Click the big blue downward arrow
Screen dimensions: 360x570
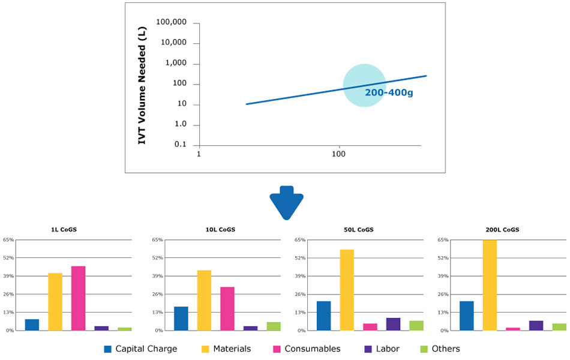coord(286,203)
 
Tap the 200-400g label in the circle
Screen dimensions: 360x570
coord(389,93)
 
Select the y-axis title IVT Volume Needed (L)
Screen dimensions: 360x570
coord(143,85)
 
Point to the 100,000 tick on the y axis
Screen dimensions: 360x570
coord(171,23)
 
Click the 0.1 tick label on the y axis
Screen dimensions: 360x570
coord(181,145)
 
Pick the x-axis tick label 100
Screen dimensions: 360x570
coord(339,154)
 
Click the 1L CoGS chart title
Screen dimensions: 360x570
coord(63,230)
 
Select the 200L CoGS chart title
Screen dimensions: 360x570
coord(503,230)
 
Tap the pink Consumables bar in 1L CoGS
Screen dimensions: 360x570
coord(78,298)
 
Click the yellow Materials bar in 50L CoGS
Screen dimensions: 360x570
coord(347,290)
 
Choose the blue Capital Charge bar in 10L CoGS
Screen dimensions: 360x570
coord(181,319)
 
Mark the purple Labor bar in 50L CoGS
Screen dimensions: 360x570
coord(393,324)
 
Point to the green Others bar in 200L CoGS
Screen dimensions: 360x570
coord(559,327)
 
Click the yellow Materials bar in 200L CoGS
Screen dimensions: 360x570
coord(490,285)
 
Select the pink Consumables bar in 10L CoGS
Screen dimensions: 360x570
coord(227,308)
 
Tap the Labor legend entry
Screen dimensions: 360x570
coord(382,349)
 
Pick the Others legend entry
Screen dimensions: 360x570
coord(440,349)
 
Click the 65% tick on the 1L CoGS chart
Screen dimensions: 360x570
coord(8,240)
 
